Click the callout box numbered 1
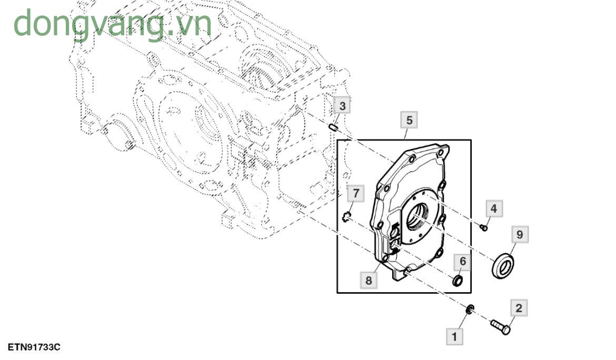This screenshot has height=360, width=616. pos(454,336)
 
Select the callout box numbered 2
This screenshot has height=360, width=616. pos(519,308)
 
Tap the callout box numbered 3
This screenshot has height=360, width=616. pos(342,106)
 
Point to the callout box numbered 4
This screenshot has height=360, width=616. pos(493,209)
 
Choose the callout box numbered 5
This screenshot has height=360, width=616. pos(409,120)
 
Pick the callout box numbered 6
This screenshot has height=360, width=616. pos(463,261)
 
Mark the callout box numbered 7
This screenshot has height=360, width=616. pos(355,194)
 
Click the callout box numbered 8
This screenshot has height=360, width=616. pos(369,281)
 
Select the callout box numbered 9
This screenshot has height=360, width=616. pos(519,235)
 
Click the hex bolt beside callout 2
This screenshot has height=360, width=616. pos(500,326)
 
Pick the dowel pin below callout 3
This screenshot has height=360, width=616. pos(333,127)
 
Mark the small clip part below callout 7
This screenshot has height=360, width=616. pos(346,215)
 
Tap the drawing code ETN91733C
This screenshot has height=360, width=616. pos(34,347)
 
